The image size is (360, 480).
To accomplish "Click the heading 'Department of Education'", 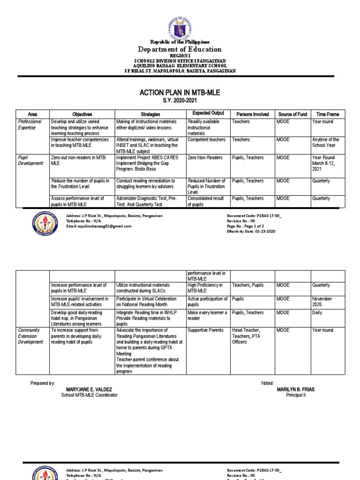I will (x=180, y=49).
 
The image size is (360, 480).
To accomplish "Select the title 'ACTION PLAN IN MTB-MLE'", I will (x=180, y=93).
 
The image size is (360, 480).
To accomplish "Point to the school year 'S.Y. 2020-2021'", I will (x=180, y=101).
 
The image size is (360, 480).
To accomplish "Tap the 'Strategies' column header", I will (x=150, y=114).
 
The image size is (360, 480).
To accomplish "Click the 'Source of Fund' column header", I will (x=292, y=114).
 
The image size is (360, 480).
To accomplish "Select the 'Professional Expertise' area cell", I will (x=30, y=124).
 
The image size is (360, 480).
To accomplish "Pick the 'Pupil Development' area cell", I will (x=30, y=161).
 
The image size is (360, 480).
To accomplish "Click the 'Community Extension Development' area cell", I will (x=31, y=336).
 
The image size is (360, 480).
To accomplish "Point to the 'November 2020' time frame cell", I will (x=322, y=301).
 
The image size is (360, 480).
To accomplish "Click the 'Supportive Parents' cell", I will (x=206, y=330).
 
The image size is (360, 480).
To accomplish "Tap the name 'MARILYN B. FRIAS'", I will (x=295, y=390).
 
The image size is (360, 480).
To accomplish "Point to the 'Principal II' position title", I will (x=295, y=395).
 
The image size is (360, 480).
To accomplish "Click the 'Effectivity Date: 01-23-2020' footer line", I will (x=251, y=232).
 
